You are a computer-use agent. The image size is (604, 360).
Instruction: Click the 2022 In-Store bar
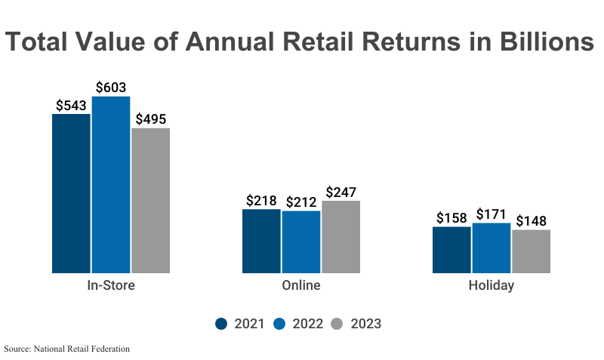pyautogui.click(x=111, y=185)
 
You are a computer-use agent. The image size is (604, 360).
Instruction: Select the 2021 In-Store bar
pyautogui.click(x=71, y=193)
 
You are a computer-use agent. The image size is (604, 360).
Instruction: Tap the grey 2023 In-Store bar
pyautogui.click(x=150, y=201)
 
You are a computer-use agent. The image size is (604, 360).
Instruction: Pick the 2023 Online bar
pyautogui.click(x=341, y=237)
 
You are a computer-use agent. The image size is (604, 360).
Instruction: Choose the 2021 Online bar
pyautogui.click(x=261, y=241)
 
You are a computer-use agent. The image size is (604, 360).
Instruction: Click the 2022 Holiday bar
pyautogui.click(x=492, y=248)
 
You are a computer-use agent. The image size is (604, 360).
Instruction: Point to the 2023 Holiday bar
pyautogui.click(x=532, y=251)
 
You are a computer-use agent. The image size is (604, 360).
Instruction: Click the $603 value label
pyautogui.click(x=111, y=88)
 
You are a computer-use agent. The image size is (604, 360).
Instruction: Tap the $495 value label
pyautogui.click(x=150, y=119)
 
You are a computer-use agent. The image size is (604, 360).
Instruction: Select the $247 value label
pyautogui.click(x=341, y=192)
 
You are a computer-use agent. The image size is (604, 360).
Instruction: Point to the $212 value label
pyautogui.click(x=301, y=202)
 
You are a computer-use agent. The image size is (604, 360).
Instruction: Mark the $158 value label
pyautogui.click(x=451, y=218)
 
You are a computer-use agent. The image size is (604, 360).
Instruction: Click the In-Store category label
pyautogui.click(x=111, y=286)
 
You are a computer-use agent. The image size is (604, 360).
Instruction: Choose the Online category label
pyautogui.click(x=301, y=286)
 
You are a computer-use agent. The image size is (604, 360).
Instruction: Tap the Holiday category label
pyautogui.click(x=492, y=286)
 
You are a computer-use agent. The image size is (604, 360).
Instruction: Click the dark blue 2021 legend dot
pyautogui.click(x=221, y=324)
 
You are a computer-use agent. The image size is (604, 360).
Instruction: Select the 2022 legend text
pyautogui.click(x=308, y=324)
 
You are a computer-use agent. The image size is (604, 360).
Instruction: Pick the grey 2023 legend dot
pyautogui.click(x=337, y=324)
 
